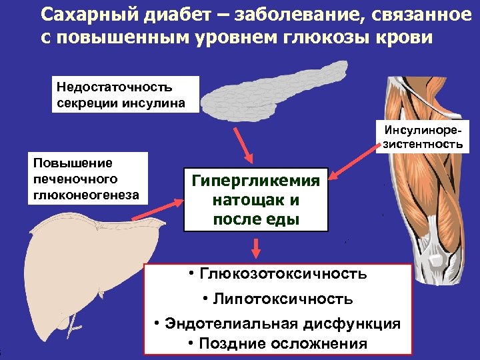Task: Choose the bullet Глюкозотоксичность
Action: tap(278, 274)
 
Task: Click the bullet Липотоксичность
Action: tap(278, 299)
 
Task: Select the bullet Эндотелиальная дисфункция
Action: tap(278, 324)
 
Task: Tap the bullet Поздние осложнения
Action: tap(278, 344)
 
